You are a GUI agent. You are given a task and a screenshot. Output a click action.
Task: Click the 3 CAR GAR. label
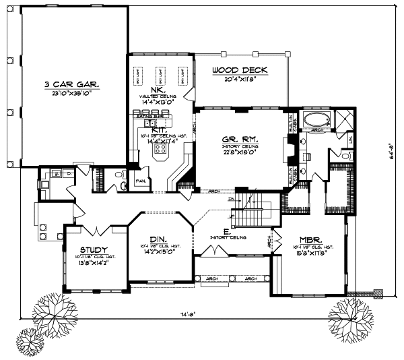point(72,85)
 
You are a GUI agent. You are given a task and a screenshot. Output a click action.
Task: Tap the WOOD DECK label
point(240,69)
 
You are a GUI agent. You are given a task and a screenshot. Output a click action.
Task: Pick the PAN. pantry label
point(141,181)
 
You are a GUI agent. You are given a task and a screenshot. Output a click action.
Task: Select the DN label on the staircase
point(231,200)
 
